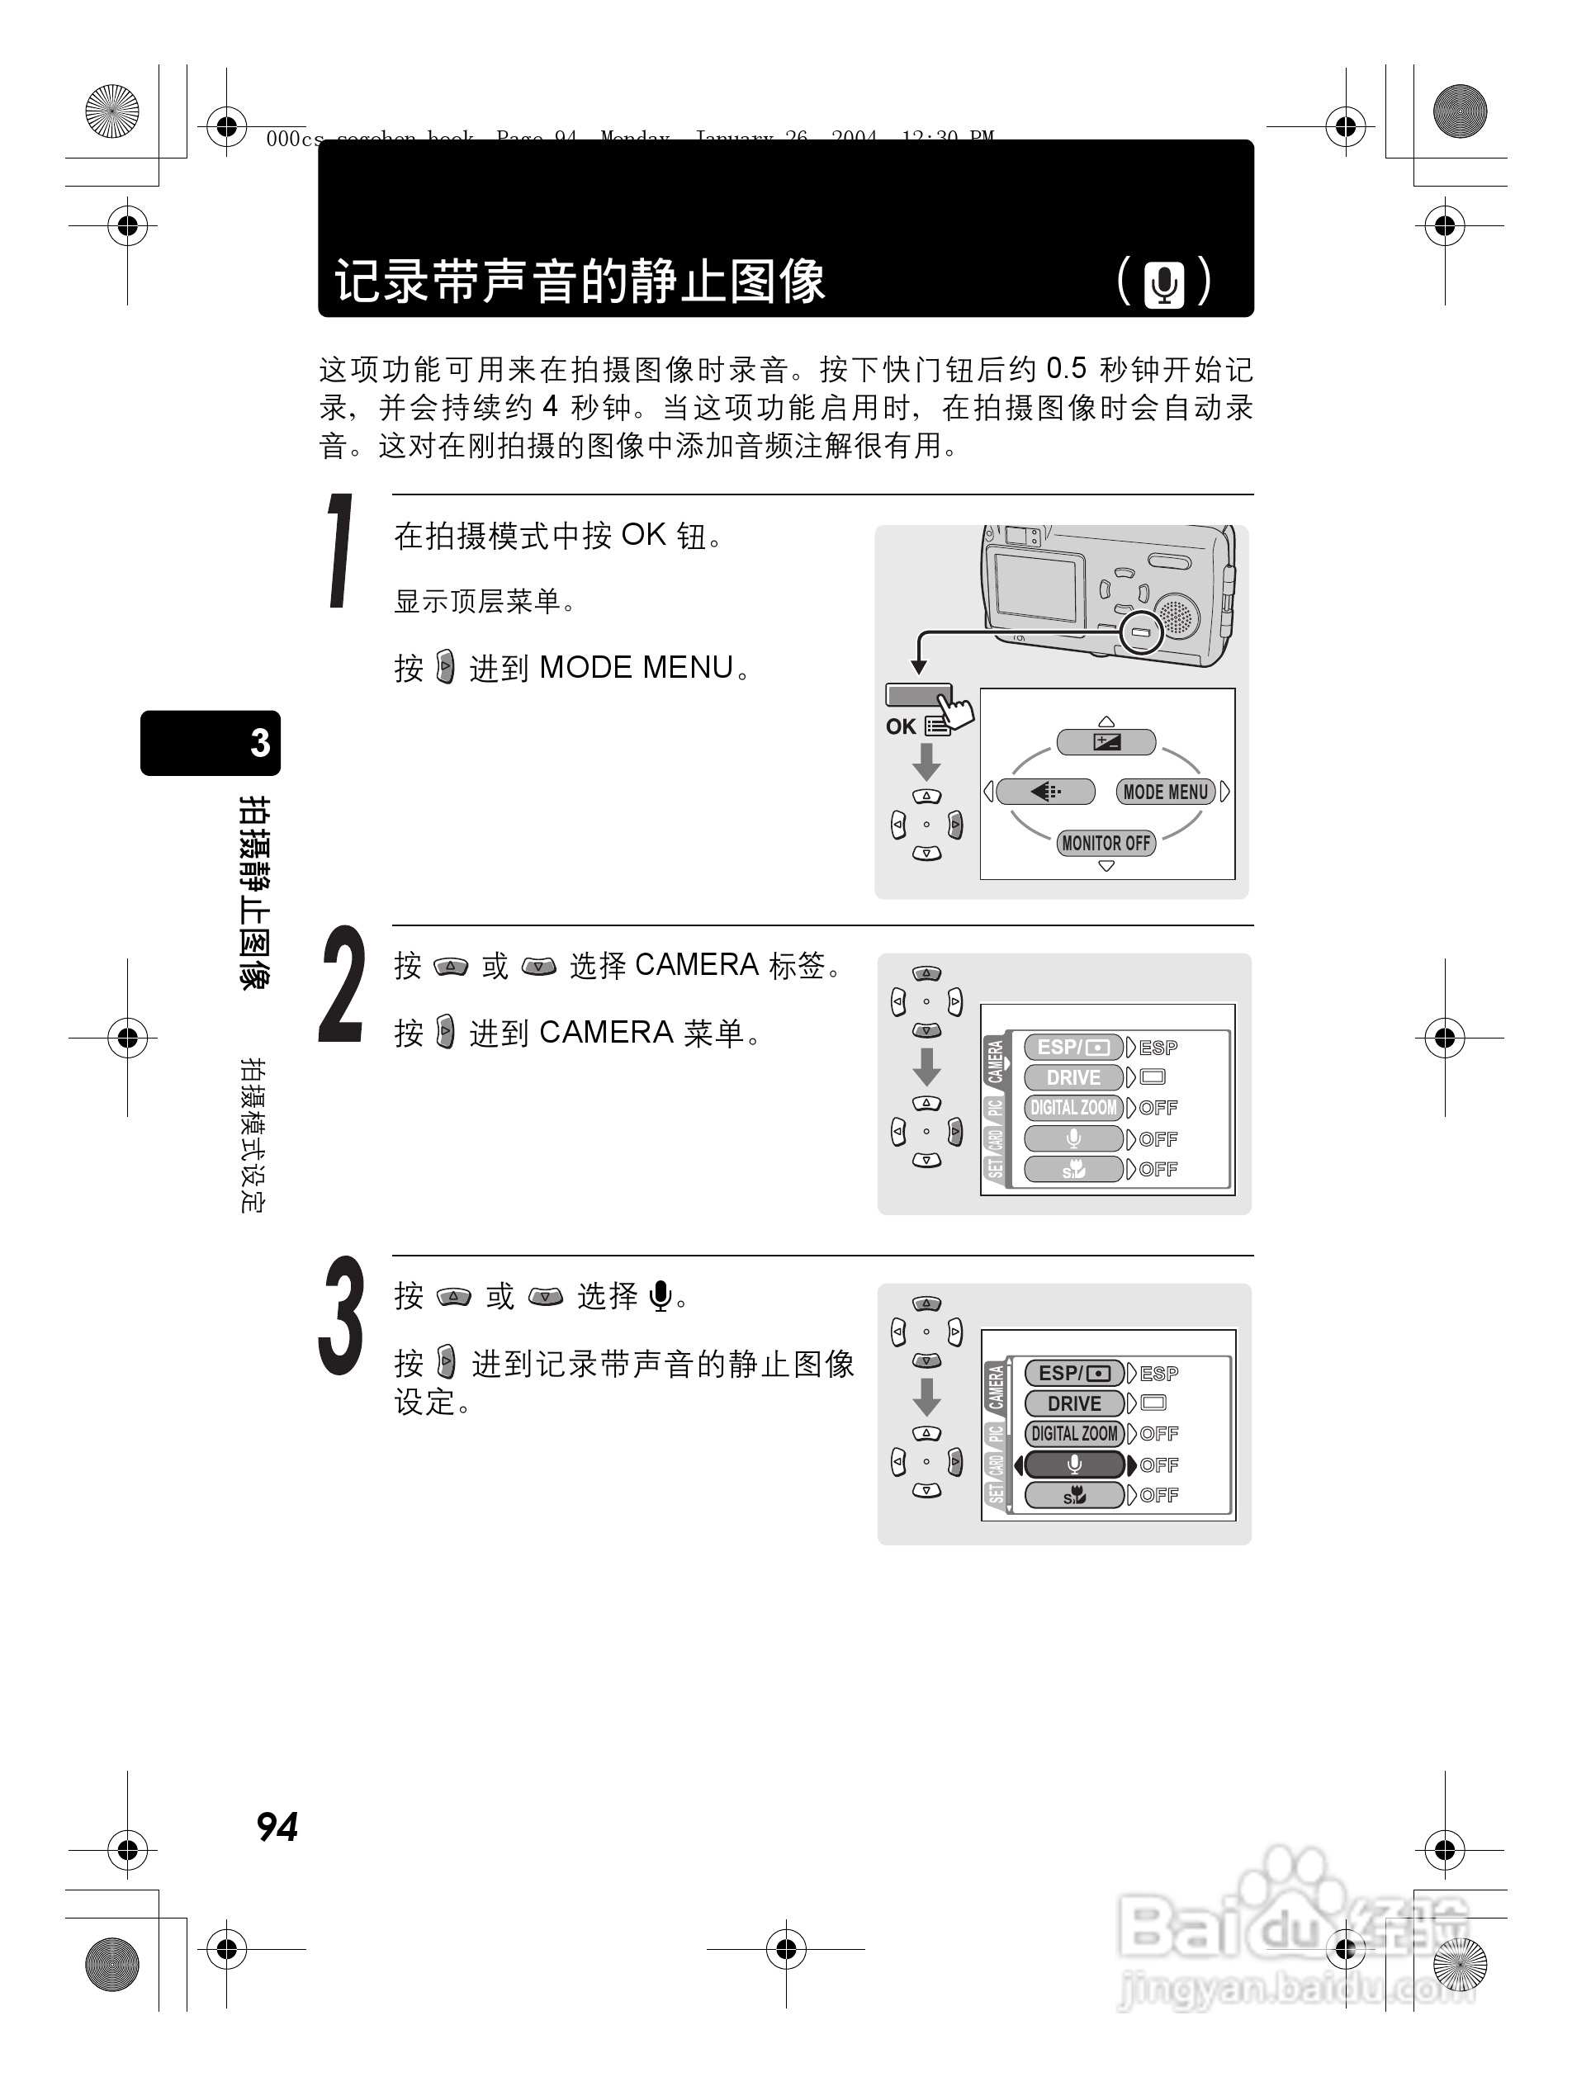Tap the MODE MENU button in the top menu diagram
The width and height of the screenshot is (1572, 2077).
click(x=1166, y=792)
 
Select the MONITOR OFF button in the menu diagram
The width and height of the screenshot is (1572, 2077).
click(x=1106, y=842)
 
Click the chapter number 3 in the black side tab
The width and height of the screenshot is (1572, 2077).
click(x=260, y=743)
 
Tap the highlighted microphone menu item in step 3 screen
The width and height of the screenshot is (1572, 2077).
click(x=1073, y=1464)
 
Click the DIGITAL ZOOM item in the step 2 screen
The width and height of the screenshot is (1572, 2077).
click(x=1073, y=1108)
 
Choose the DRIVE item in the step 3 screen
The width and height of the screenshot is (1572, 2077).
click(x=1073, y=1403)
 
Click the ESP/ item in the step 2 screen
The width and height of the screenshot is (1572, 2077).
click(x=1072, y=1047)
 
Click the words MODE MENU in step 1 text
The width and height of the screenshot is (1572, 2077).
click(x=636, y=668)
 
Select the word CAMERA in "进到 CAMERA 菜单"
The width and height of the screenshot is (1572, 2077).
click(x=606, y=1033)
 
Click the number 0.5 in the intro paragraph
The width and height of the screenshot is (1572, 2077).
click(x=1066, y=368)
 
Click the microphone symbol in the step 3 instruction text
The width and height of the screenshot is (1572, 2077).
click(x=661, y=1296)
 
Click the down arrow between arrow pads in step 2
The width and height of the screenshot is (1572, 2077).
click(x=927, y=1067)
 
